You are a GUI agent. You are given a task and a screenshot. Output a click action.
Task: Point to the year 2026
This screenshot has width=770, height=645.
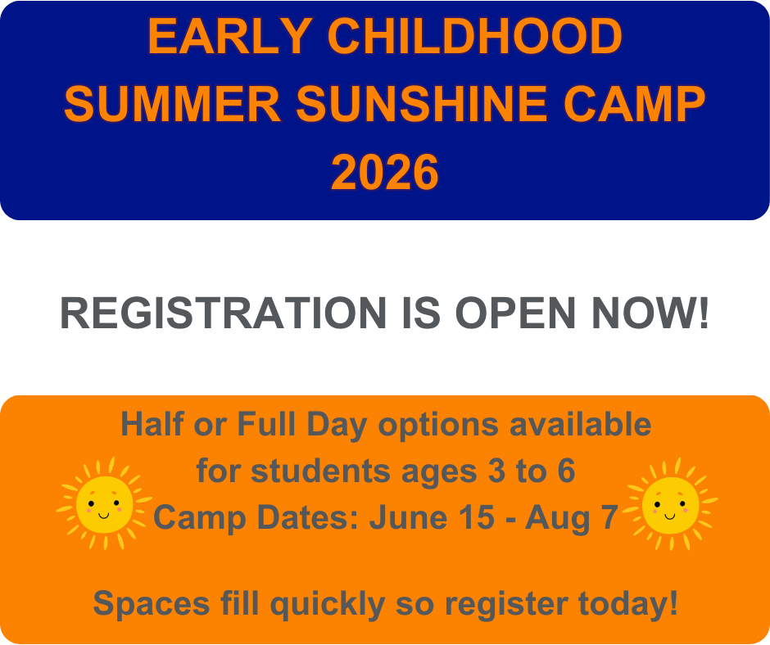click(x=385, y=173)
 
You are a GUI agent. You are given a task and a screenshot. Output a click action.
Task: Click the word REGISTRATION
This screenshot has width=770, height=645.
click(x=222, y=313)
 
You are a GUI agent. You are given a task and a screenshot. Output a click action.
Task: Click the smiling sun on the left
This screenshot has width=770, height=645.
click(x=104, y=503)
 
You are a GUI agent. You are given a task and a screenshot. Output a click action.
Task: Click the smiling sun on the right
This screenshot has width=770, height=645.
click(x=670, y=503)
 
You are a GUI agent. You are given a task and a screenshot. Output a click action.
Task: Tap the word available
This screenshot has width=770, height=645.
click(x=581, y=425)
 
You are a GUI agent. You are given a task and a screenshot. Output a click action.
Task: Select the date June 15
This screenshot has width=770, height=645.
click(x=432, y=517)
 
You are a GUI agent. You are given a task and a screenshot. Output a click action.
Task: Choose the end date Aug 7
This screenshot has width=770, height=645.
click(x=572, y=517)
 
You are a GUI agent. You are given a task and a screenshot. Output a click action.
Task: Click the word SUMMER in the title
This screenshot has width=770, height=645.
click(x=172, y=105)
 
